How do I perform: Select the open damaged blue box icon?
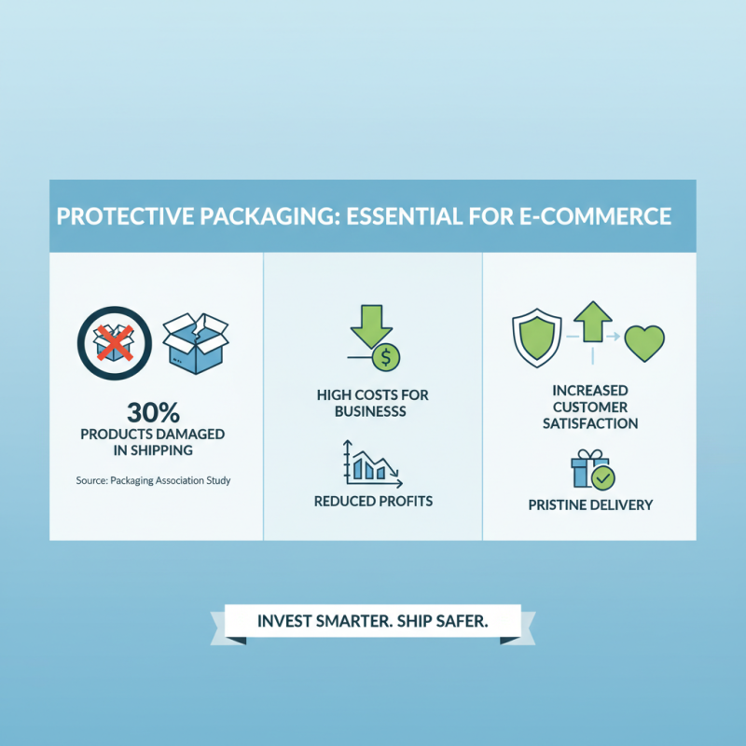tap(196, 342)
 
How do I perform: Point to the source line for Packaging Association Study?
tap(153, 481)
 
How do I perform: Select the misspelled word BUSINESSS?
tap(373, 411)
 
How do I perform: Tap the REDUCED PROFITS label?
tap(373, 502)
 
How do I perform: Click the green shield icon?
tap(535, 338)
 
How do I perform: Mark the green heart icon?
tap(644, 342)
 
